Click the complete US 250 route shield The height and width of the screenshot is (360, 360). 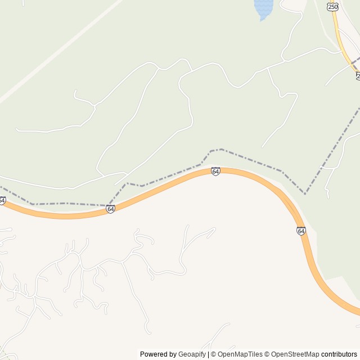pyautogui.click(x=332, y=6)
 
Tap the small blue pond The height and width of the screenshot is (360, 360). pyautogui.click(x=263, y=8)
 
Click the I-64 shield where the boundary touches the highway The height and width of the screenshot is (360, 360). pyautogui.click(x=110, y=209)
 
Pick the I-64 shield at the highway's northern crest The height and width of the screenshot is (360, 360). pyautogui.click(x=215, y=171)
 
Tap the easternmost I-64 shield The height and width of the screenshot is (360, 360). pyautogui.click(x=301, y=231)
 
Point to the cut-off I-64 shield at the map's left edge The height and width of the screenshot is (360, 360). pyautogui.click(x=2, y=201)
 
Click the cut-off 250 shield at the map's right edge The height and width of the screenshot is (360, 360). pyautogui.click(x=358, y=75)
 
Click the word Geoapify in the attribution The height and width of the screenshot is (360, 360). pyautogui.click(x=192, y=354)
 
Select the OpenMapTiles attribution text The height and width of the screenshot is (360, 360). pyautogui.click(x=240, y=354)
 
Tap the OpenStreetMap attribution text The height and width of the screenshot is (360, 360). pyautogui.click(x=295, y=354)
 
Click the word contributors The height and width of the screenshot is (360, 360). pyautogui.click(x=339, y=354)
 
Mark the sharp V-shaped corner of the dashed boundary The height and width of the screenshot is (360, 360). pyautogui.click(x=305, y=193)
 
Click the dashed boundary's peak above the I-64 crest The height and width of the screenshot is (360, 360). pyautogui.click(x=221, y=149)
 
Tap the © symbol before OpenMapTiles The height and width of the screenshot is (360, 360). pyautogui.click(x=213, y=354)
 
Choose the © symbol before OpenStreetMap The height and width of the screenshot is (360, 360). pyautogui.click(x=267, y=354)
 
